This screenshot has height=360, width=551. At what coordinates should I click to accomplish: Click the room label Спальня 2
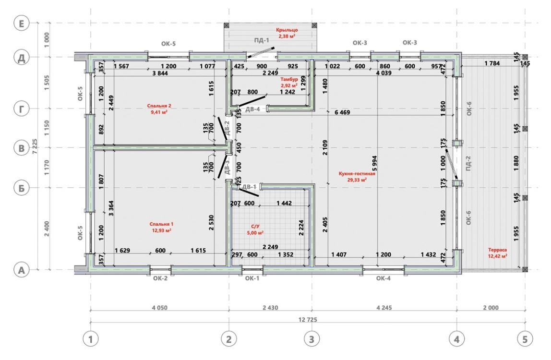pos(159,106)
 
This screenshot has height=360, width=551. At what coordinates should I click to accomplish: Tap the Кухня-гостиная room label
pos(357,174)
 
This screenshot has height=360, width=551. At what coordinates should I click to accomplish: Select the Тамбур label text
pos(289,80)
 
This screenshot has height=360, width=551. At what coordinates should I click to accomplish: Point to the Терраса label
pos(497,250)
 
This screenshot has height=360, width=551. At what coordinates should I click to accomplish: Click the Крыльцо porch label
pos(287,30)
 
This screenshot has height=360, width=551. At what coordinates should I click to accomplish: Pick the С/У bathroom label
pos(255,227)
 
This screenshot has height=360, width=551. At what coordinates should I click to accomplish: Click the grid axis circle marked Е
pos(22,24)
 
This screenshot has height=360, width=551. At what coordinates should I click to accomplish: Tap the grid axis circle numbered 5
pos(525,339)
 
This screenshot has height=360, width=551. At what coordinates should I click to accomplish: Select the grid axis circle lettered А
pos(22,270)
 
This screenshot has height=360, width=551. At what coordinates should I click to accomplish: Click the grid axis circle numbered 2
pos(229,339)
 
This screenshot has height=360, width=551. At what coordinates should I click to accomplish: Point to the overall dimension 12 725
pos(308,320)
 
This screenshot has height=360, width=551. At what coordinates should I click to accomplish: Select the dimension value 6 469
pos(342,112)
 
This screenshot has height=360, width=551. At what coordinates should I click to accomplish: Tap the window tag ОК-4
pos(383,278)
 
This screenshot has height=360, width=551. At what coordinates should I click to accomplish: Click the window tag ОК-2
pos(160,278)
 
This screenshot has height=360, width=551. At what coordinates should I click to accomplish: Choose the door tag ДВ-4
pos(252,109)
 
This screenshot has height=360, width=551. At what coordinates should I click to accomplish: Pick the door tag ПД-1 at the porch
pos(262,40)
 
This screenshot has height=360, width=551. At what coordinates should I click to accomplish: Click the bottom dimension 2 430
pos(270,308)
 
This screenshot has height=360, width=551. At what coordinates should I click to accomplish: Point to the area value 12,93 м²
pos(161,230)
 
